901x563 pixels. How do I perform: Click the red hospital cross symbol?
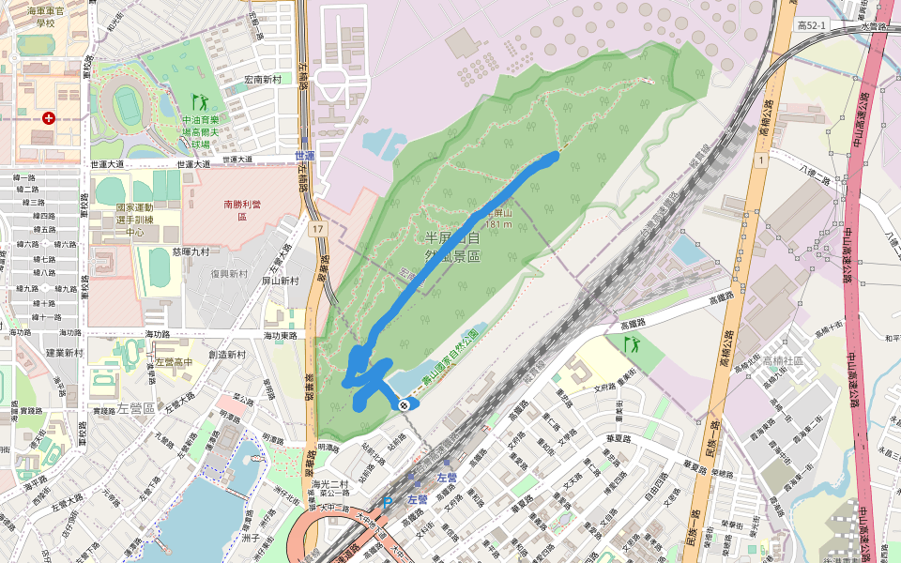[48, 118]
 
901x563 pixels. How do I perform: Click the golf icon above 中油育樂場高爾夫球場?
[199, 100]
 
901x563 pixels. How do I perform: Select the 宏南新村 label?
[263, 80]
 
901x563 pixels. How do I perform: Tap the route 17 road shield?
[319, 229]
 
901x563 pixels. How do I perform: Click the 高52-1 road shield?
[811, 25]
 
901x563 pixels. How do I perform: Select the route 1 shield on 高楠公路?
[756, 161]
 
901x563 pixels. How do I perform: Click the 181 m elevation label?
[498, 224]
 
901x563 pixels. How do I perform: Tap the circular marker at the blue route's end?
[404, 404]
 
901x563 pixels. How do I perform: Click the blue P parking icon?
[387, 503]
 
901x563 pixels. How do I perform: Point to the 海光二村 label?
[332, 483]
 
